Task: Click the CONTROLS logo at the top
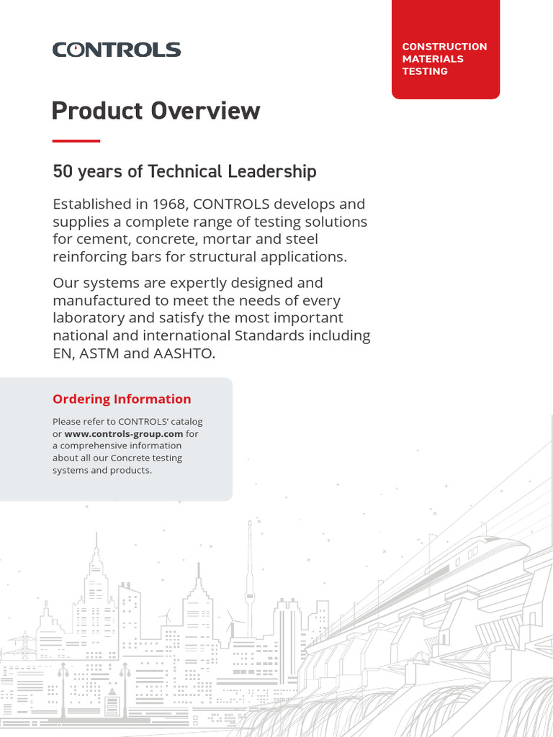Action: click(x=116, y=50)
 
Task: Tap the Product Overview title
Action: click(x=156, y=111)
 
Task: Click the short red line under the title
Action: click(x=76, y=141)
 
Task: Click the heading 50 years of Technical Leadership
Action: click(x=184, y=171)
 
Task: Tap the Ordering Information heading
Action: click(x=122, y=399)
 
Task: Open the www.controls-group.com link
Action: click(x=124, y=434)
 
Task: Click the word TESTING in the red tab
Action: click(x=425, y=71)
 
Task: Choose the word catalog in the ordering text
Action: click(x=185, y=422)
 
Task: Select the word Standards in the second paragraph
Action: click(x=283, y=336)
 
